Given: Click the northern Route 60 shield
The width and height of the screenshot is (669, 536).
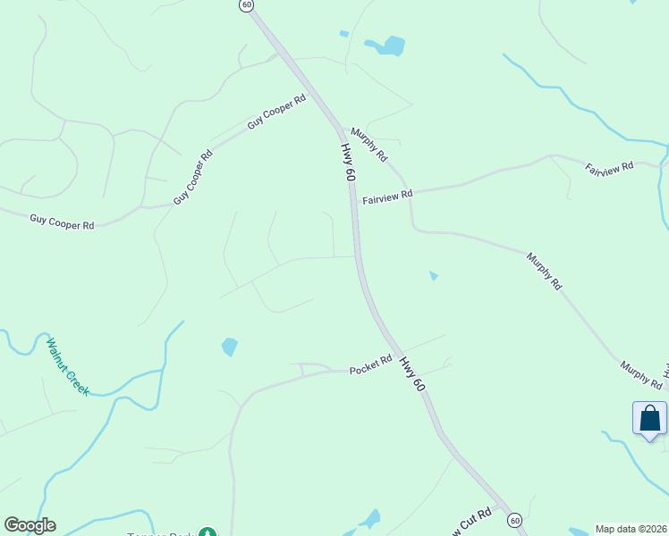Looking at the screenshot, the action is [x=247, y=5].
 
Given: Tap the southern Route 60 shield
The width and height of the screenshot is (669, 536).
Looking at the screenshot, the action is [x=514, y=519].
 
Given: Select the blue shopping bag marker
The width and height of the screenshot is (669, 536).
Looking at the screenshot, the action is [x=649, y=419].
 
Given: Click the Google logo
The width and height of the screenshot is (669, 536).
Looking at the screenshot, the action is [x=30, y=525].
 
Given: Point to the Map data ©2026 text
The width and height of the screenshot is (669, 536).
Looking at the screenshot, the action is [x=631, y=529].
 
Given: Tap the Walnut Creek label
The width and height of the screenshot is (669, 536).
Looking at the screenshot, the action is [x=67, y=366].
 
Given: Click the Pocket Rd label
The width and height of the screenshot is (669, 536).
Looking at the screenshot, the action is [x=371, y=365].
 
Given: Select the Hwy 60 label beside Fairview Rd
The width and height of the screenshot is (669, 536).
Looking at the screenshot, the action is [x=348, y=163].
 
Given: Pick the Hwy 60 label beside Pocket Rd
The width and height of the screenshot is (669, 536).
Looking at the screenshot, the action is [x=411, y=373].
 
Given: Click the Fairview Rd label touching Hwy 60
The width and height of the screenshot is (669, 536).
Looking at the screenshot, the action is [x=387, y=196].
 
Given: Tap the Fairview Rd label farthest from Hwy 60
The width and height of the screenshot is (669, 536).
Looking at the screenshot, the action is [x=609, y=167].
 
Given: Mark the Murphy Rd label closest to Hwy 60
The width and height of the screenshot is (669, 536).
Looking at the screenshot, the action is [x=369, y=144].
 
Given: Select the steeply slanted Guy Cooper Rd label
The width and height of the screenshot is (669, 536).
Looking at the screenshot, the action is [x=193, y=177].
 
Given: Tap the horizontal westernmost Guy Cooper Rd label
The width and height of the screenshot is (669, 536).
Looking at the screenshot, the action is [x=62, y=222].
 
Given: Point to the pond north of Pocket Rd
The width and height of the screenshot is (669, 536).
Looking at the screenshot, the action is [x=230, y=346].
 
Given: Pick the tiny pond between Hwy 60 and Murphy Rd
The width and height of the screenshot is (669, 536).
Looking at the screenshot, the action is [x=434, y=276].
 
